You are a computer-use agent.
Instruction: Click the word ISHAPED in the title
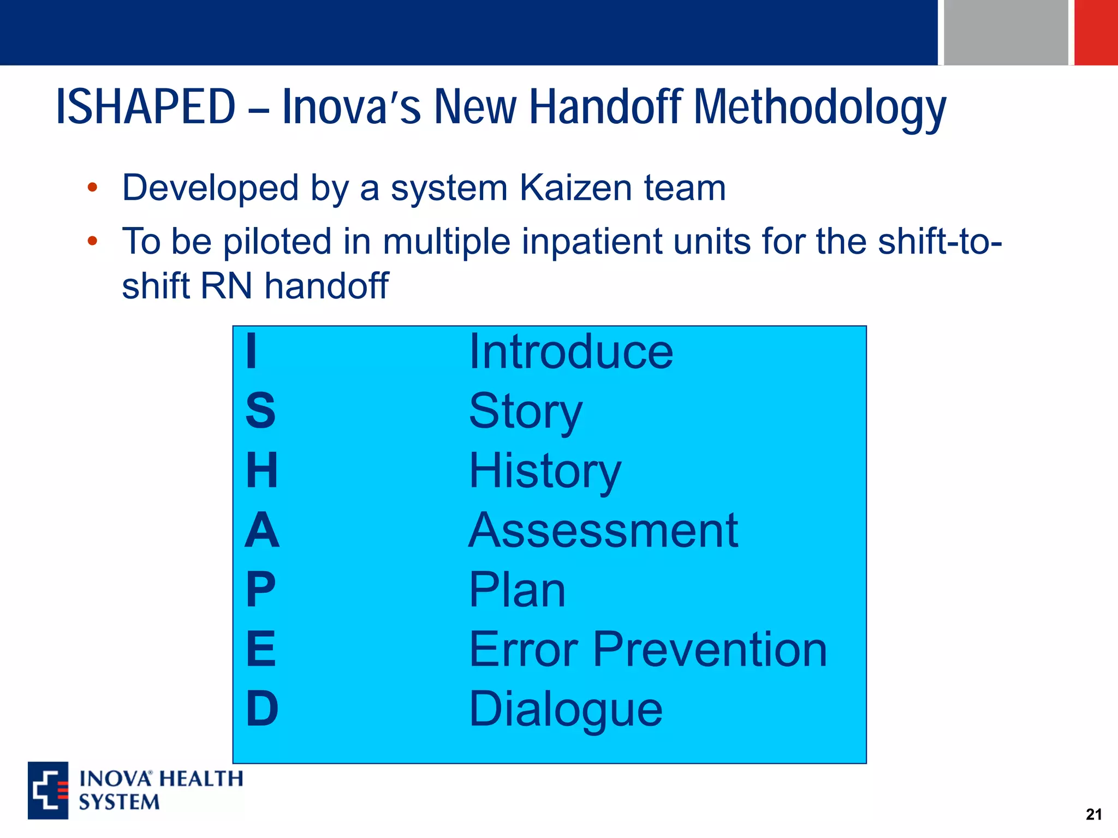(146, 107)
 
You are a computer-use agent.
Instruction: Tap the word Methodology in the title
(819, 107)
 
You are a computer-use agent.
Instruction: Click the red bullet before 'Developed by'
(92, 188)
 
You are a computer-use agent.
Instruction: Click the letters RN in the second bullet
(227, 286)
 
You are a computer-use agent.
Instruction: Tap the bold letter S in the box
(260, 411)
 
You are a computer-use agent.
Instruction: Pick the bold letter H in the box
(262, 470)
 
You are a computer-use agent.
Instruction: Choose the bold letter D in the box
(262, 709)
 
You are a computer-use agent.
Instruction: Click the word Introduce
(571, 352)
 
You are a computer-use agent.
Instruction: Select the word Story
(525, 412)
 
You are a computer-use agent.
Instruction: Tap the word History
(545, 471)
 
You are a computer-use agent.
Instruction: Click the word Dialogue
(566, 709)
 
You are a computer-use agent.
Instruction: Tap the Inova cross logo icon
(48, 790)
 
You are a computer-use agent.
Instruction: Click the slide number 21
(1093, 815)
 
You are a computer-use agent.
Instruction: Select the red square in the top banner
(1096, 32)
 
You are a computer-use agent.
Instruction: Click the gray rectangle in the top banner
(1006, 32)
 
